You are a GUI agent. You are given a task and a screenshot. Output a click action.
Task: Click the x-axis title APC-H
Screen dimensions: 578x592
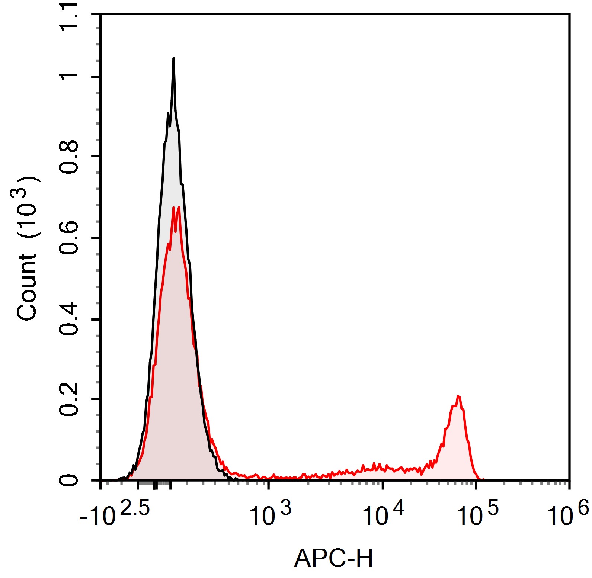click(333, 558)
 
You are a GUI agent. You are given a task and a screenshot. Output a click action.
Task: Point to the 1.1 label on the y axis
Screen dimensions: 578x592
click(69, 17)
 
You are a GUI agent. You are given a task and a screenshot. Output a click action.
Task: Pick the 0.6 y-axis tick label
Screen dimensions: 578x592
click(69, 238)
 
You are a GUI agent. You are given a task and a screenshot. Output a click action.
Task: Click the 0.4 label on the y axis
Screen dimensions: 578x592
click(69, 319)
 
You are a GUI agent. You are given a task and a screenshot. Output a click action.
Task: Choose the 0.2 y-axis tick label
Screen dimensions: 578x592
click(69, 399)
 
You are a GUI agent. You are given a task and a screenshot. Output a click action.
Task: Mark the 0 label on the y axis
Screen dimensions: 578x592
click(69, 480)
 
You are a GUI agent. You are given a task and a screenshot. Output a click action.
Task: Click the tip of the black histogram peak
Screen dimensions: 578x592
click(173, 59)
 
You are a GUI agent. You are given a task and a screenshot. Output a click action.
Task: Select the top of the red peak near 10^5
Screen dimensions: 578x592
click(458, 396)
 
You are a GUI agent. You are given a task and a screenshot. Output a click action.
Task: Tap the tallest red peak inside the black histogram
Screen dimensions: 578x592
click(179, 207)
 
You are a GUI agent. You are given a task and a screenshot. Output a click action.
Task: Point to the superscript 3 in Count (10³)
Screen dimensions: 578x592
click(22, 193)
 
